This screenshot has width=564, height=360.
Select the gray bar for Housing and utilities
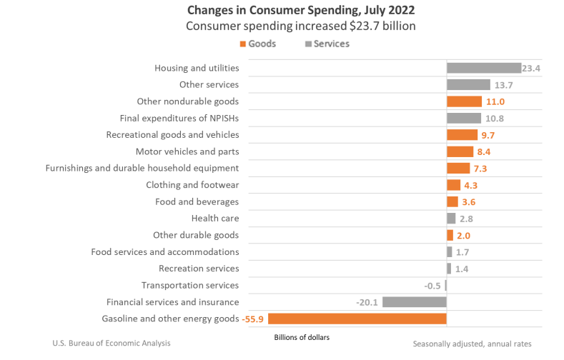tap(483, 68)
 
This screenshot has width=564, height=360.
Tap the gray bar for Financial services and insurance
tap(414, 302)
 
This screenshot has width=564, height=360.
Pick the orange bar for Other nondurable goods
tap(464, 101)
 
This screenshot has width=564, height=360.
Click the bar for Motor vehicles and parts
tap(460, 151)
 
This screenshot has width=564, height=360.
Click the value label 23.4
tap(532, 68)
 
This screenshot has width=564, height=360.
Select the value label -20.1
tap(367, 302)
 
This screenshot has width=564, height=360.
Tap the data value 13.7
tap(504, 85)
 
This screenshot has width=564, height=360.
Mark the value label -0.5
tap(432, 286)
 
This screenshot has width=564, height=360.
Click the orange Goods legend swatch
tap(242, 44)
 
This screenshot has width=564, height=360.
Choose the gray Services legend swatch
tap(309, 44)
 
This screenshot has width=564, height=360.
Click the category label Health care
tap(215, 219)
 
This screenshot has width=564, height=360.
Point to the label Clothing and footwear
tap(192, 185)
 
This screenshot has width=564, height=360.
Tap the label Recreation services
tap(199, 269)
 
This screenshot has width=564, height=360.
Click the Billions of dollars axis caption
tap(302, 336)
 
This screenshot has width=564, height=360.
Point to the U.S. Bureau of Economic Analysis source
tap(112, 344)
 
